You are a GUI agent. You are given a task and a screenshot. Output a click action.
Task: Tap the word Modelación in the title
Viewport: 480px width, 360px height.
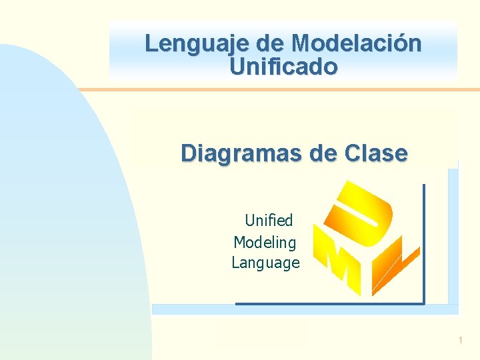click(356, 44)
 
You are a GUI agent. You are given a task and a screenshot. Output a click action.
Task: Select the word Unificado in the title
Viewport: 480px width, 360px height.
click(283, 67)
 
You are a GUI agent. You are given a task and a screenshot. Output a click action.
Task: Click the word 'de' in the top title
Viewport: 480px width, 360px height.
click(270, 44)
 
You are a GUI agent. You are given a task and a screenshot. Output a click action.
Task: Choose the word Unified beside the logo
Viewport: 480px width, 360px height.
click(269, 220)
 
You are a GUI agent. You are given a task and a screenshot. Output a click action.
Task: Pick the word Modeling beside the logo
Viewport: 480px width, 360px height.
click(265, 241)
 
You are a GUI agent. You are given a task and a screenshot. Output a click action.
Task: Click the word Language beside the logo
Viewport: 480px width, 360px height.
click(265, 263)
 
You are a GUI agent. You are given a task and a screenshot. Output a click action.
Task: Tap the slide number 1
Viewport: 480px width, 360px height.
click(460, 341)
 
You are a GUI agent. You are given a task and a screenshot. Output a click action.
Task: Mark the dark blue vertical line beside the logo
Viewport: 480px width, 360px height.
click(424, 243)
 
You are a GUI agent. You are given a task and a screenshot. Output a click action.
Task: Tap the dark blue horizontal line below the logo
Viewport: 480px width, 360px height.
click(330, 304)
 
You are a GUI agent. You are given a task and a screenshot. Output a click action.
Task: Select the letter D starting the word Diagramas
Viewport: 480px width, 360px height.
click(189, 153)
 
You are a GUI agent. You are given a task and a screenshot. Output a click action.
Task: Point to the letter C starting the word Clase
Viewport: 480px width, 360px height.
click(354, 153)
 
